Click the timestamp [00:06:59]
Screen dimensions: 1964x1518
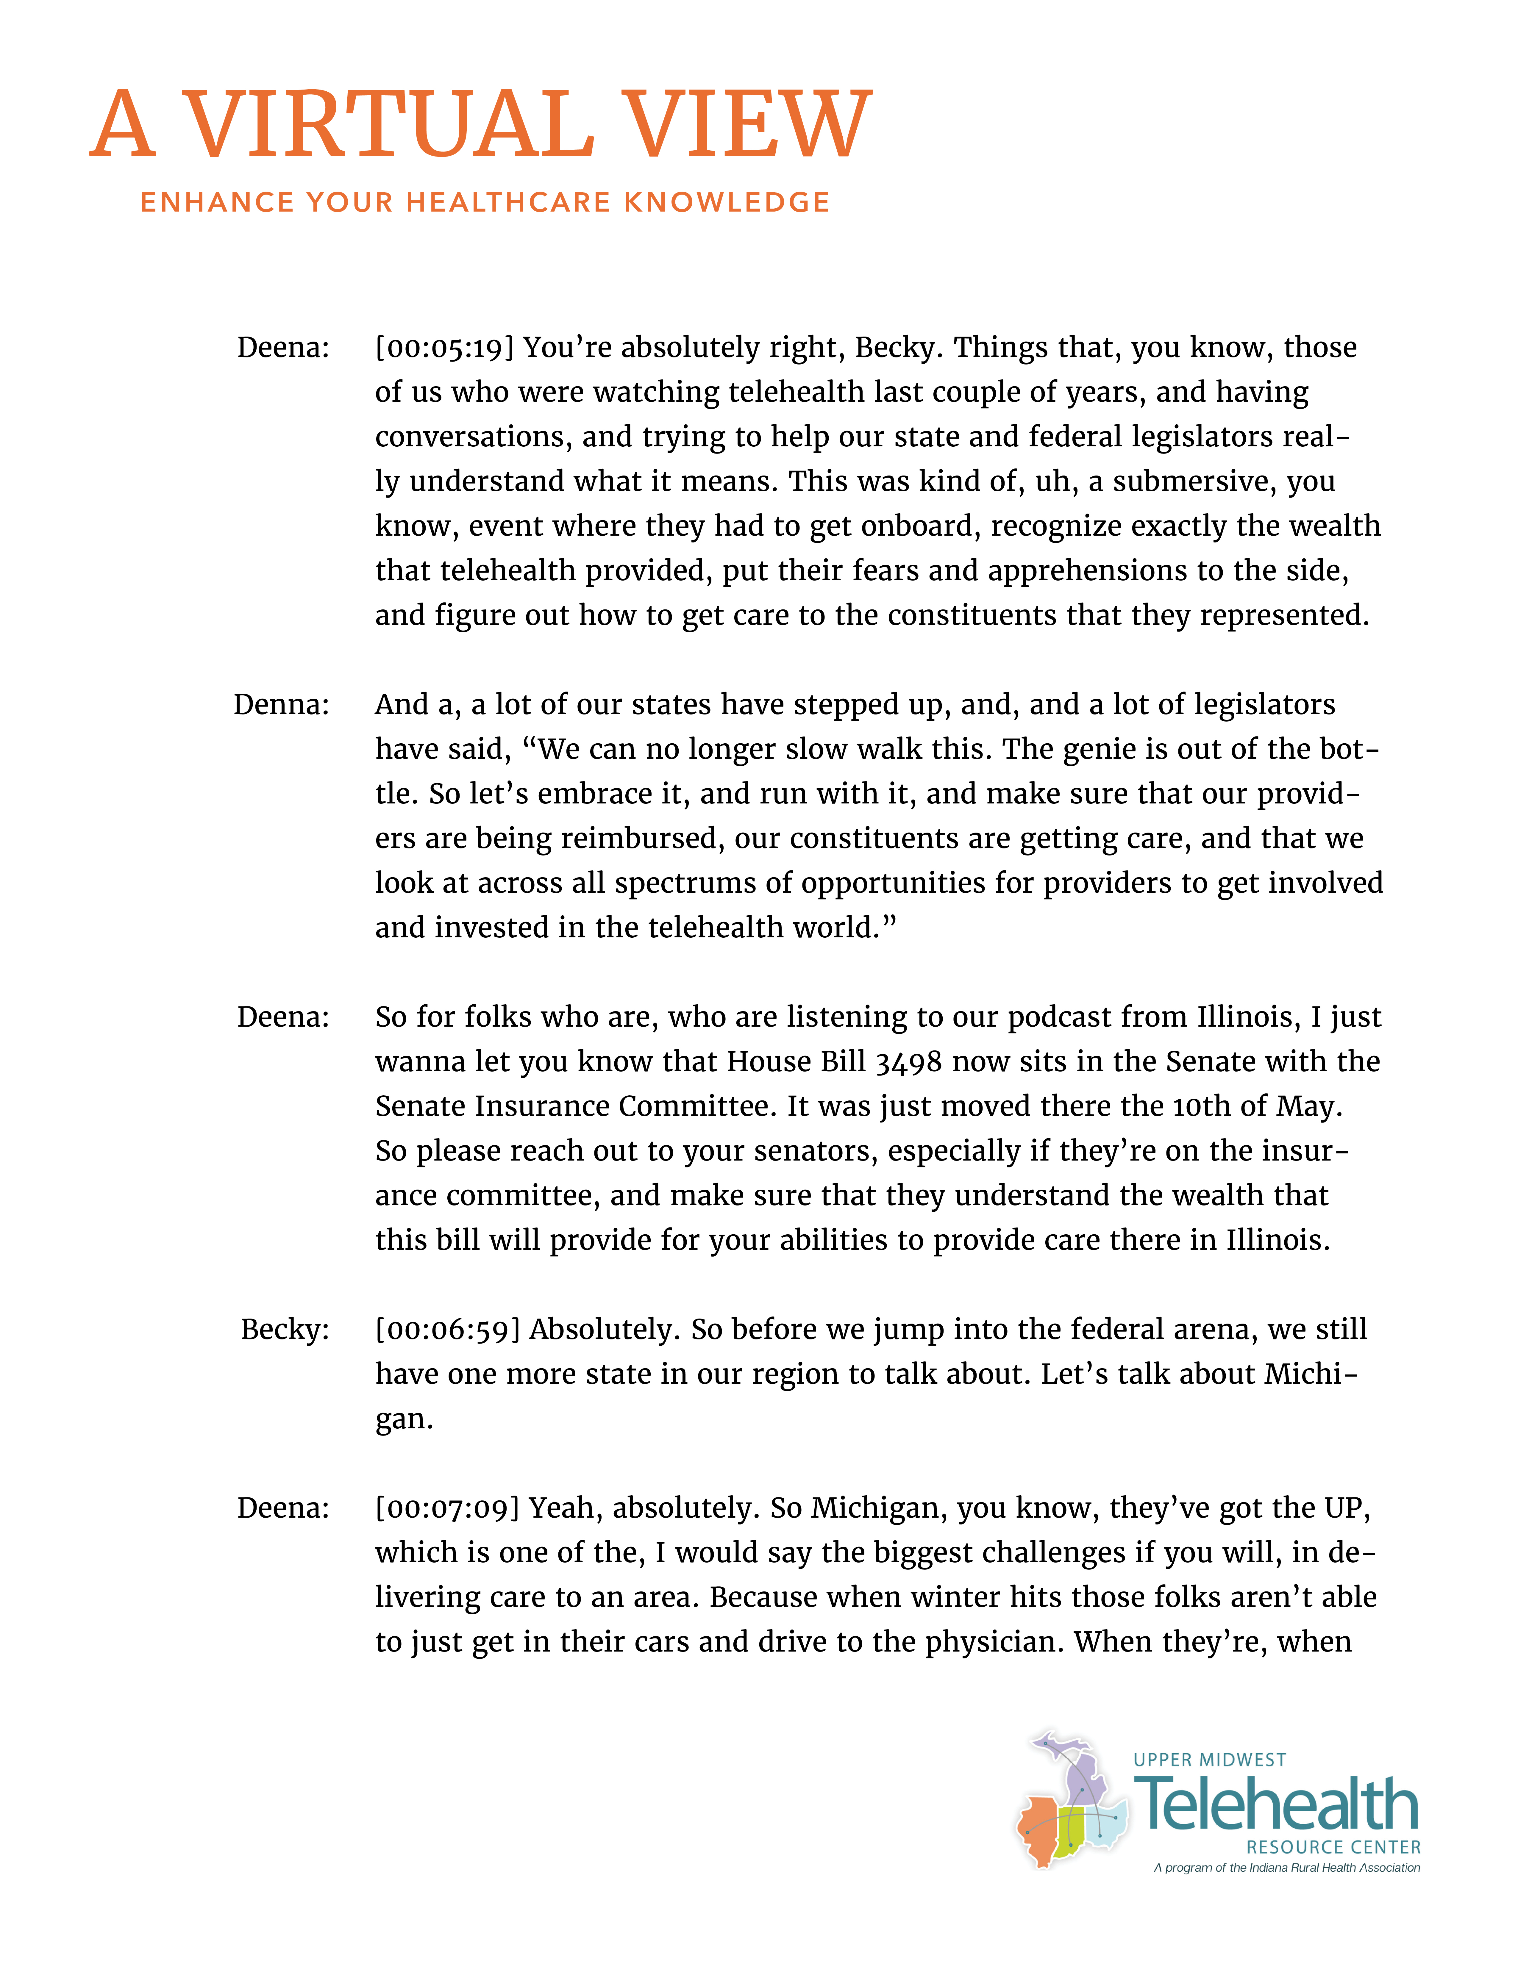[447, 1329]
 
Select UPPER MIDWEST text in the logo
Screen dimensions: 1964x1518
[1210, 1760]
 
